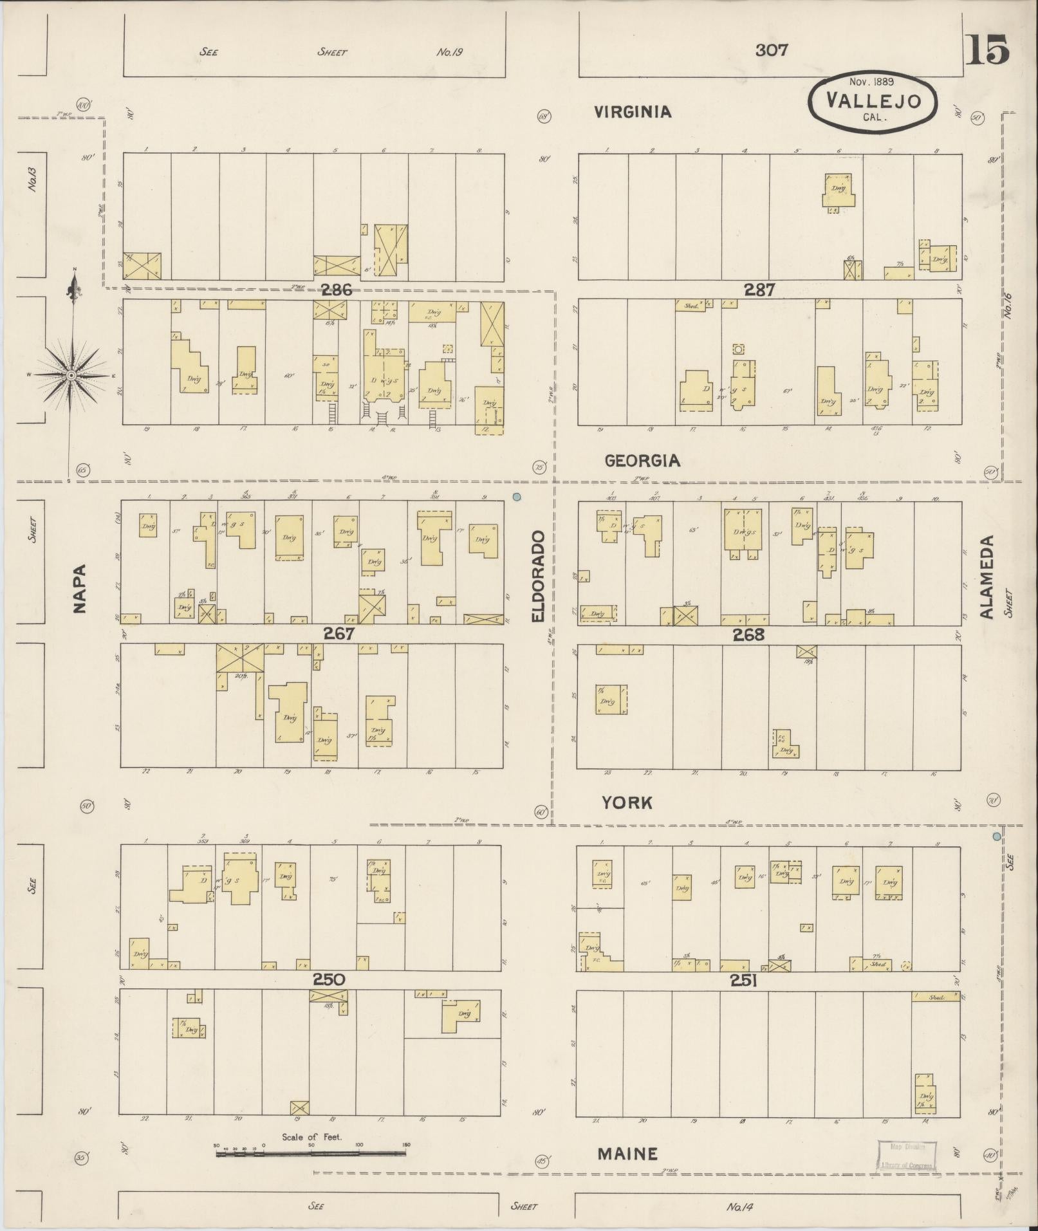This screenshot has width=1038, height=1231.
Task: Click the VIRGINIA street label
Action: click(x=632, y=112)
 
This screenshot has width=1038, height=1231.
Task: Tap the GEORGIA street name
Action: click(x=642, y=461)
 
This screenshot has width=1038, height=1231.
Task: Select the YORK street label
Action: click(x=627, y=802)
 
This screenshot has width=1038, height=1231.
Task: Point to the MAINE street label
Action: click(x=627, y=1154)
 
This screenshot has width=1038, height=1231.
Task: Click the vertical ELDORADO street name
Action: click(x=539, y=577)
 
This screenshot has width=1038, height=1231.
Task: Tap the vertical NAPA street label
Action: click(x=80, y=589)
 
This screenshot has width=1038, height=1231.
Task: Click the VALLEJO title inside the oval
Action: click(x=873, y=100)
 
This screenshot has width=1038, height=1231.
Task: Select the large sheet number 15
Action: click(x=988, y=50)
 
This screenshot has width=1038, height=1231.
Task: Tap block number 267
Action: click(x=338, y=634)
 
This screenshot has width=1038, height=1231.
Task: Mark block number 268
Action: click(x=748, y=635)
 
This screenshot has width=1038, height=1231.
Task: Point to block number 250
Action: click(x=329, y=979)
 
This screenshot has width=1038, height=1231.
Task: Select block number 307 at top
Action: click(x=771, y=50)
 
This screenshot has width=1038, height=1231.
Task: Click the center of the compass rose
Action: click(x=71, y=375)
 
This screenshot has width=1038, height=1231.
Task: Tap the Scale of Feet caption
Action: click(x=311, y=1137)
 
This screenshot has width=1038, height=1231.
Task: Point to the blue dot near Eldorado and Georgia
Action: click(x=516, y=497)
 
